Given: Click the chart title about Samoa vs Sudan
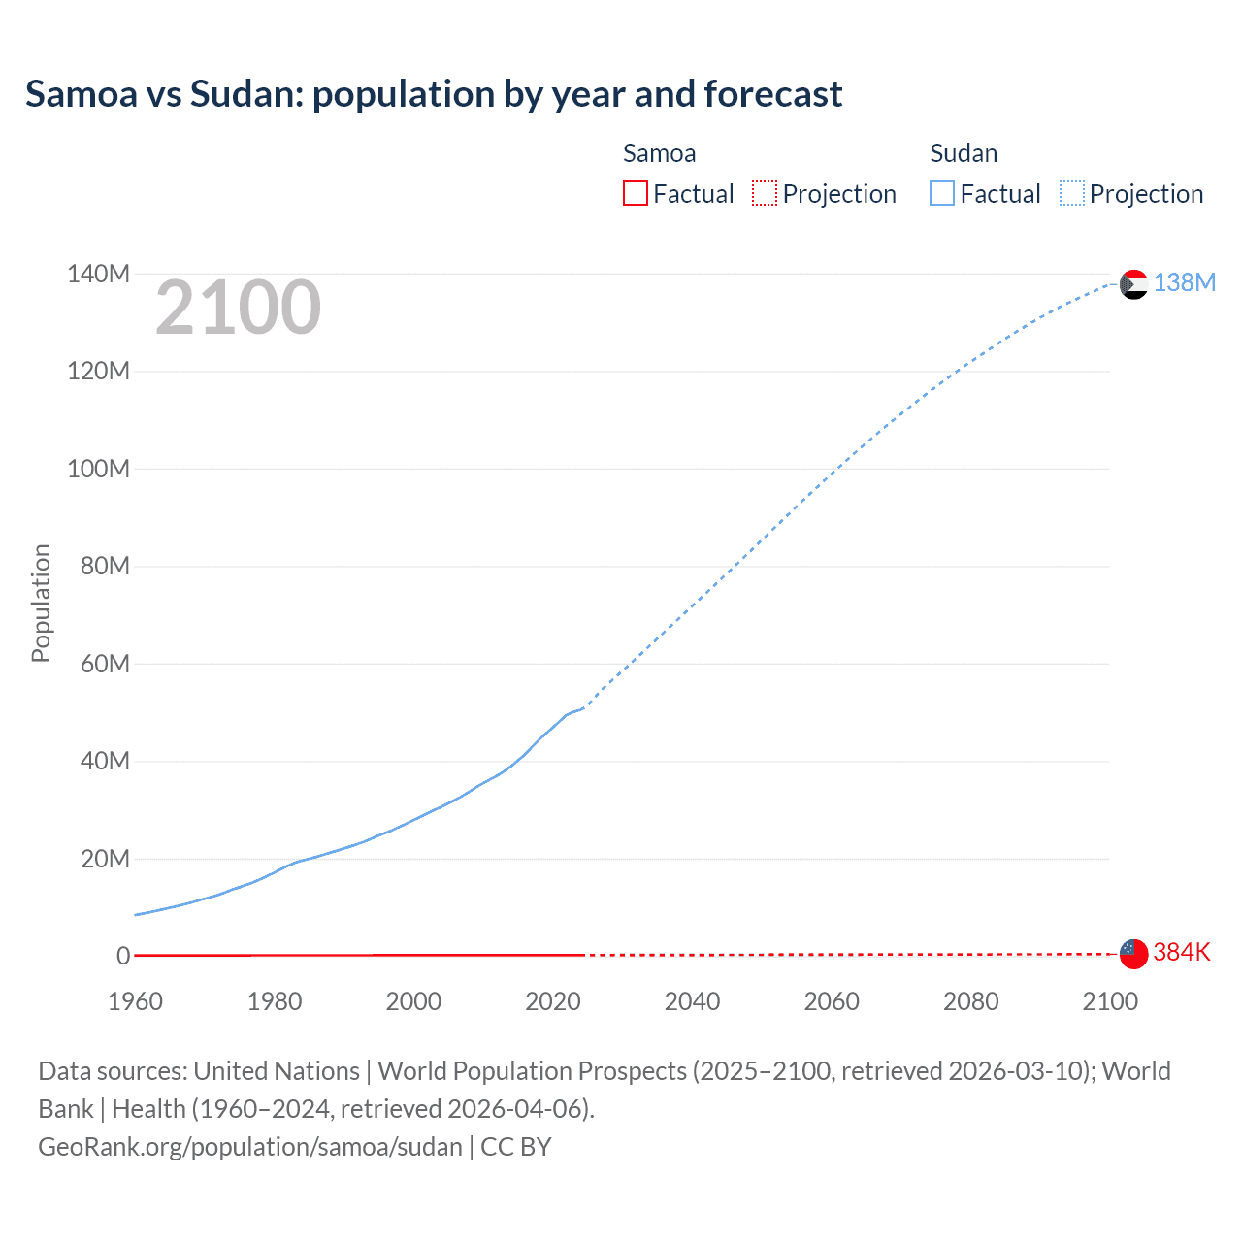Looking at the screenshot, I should [434, 94].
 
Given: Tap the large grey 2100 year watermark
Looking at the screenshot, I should [238, 308].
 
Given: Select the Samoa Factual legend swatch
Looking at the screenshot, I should [635, 193].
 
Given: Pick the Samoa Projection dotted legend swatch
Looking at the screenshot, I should [765, 193].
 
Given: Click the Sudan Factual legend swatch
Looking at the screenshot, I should [942, 193].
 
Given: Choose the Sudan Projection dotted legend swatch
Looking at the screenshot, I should [1071, 193].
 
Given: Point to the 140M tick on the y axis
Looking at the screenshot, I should [98, 274].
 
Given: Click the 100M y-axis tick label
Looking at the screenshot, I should [98, 469].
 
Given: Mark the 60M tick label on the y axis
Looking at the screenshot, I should [105, 664].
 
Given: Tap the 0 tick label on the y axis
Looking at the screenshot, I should [123, 956].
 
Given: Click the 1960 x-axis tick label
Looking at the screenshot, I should [135, 1001].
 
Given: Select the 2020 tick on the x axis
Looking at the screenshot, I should [553, 1001].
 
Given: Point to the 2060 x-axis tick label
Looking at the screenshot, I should [832, 1001].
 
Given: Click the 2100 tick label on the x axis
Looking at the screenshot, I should [1110, 1001].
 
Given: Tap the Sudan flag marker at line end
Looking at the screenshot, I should [1133, 284].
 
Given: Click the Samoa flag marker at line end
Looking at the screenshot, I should [1133, 954].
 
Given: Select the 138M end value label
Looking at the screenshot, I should [1184, 282].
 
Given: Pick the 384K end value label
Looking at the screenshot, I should [1182, 952].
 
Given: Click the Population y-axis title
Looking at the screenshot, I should [41, 603].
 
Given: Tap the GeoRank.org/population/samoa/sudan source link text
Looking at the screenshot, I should [250, 1147].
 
